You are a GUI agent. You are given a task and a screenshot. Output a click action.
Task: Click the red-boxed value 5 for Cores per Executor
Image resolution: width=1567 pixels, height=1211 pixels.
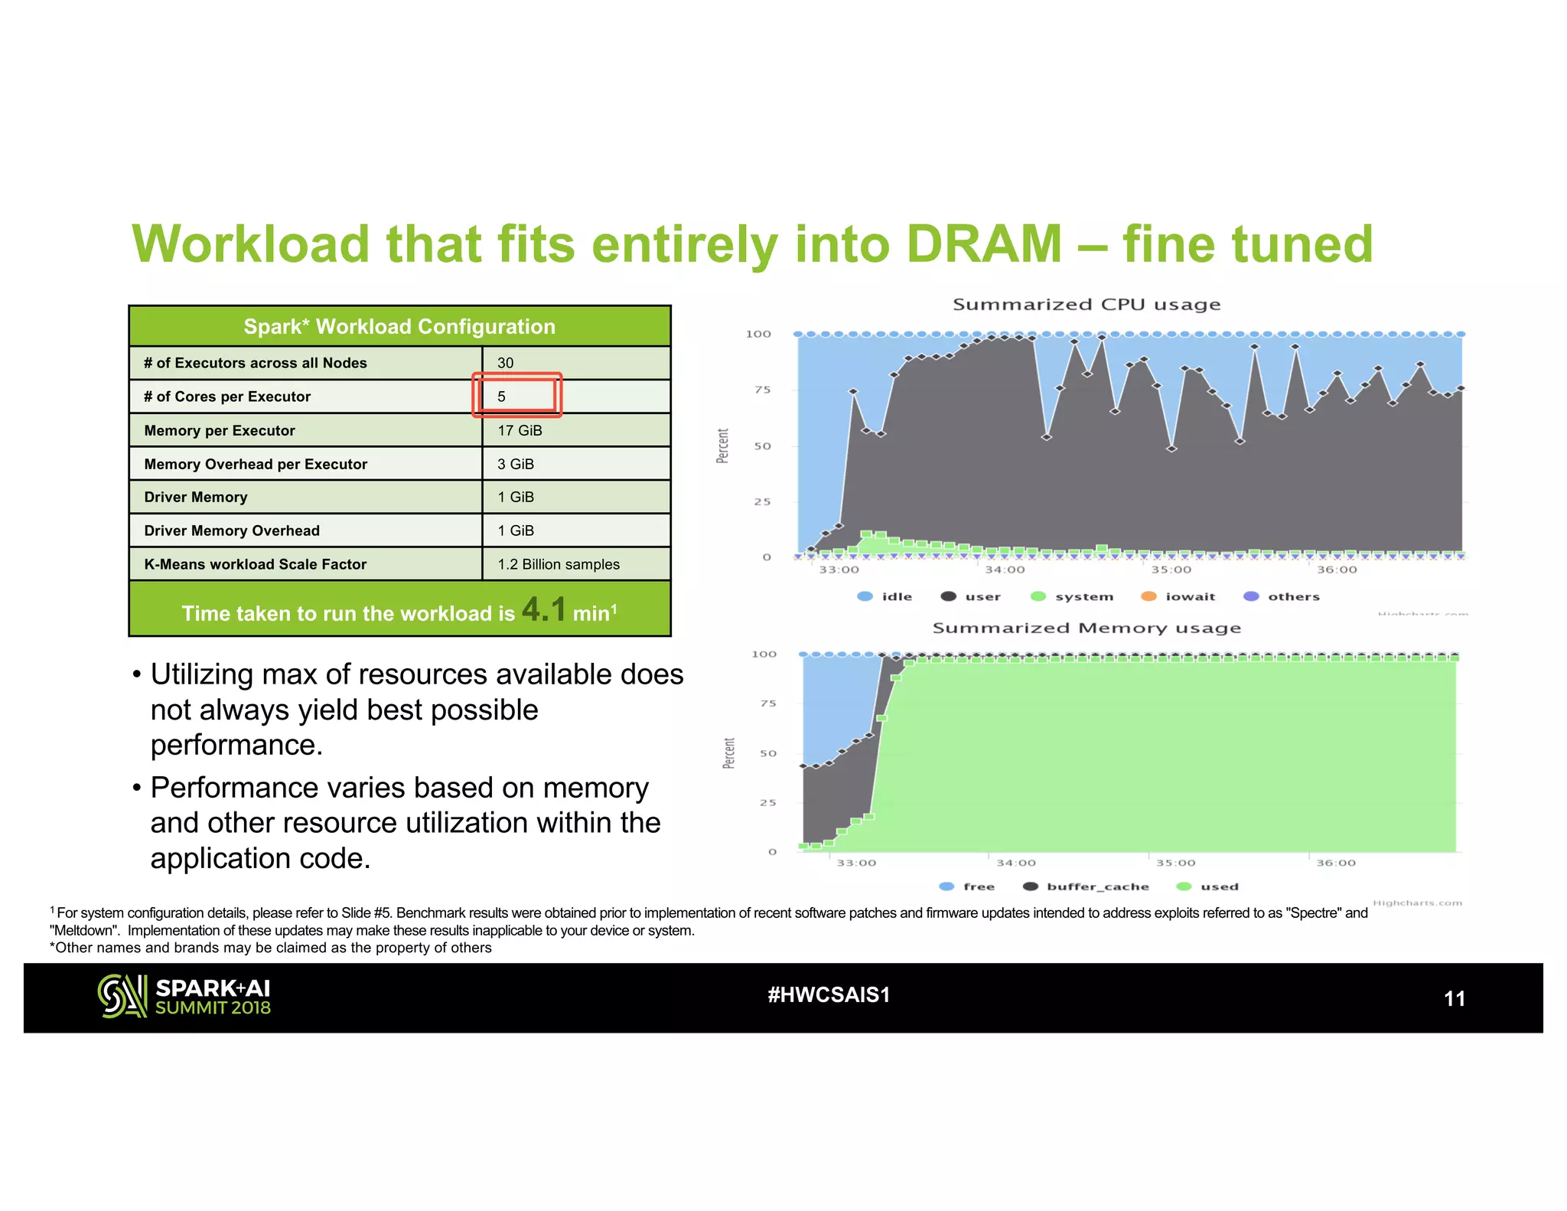(x=502, y=397)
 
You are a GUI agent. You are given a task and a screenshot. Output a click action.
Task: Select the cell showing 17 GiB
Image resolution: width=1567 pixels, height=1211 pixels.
(x=520, y=430)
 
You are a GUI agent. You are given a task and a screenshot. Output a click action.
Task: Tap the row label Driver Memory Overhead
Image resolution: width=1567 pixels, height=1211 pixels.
(x=232, y=530)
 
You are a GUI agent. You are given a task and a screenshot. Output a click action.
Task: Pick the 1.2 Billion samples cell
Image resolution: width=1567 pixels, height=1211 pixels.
(x=559, y=564)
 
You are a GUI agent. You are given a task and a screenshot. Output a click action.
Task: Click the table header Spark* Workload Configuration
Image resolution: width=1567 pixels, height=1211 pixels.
(x=399, y=327)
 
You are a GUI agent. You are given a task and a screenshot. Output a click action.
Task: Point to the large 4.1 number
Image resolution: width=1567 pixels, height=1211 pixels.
(x=544, y=609)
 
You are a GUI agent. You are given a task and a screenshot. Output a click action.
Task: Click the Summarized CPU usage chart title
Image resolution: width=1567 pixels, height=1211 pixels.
(x=1086, y=305)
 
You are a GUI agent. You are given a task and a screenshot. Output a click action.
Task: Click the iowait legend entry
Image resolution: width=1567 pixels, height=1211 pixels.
(x=1178, y=596)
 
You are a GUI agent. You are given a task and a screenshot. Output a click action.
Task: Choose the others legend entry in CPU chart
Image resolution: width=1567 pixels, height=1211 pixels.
(x=1282, y=596)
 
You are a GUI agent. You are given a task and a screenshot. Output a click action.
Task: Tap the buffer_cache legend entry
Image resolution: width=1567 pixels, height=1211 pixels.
(x=1086, y=886)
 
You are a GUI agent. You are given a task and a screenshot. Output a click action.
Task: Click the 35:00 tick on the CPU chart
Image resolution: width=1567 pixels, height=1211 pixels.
(x=1171, y=570)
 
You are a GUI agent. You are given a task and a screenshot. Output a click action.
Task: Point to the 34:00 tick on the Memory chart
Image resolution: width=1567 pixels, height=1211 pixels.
(x=1015, y=863)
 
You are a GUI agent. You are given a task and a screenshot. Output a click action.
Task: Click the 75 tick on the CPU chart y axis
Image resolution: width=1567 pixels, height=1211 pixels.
(x=762, y=390)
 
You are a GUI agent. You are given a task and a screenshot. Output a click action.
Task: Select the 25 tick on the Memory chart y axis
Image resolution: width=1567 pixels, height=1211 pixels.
(x=767, y=802)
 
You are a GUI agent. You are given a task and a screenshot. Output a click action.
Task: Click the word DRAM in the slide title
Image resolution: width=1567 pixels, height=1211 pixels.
(x=984, y=245)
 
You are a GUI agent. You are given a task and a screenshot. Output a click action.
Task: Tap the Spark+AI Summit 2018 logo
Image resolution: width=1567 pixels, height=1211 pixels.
(x=184, y=997)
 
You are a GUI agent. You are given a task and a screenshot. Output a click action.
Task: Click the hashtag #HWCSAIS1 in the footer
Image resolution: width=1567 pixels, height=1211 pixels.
(x=829, y=995)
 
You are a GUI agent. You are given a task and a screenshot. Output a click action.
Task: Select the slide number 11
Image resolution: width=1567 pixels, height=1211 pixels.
(x=1454, y=999)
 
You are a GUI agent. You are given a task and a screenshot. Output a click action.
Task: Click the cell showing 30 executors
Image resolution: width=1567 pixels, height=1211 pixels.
(x=506, y=363)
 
